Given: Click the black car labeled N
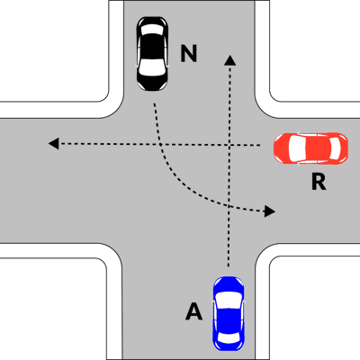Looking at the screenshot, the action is [152, 54].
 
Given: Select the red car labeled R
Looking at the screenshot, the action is [310, 148].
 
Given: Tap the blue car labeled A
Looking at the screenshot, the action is [229, 313].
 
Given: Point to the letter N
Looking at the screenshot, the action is [189, 53].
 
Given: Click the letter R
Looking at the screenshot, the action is [319, 182].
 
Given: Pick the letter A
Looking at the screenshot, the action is [193, 311].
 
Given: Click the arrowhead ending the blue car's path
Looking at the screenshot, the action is [230, 60].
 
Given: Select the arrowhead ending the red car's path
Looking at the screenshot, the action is [54, 143].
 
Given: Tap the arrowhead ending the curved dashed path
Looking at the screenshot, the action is [269, 211].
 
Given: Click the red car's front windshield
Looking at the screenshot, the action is [294, 148].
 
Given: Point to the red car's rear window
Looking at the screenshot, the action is [336, 148].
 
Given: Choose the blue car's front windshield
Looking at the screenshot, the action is [229, 300].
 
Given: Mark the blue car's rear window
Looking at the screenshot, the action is [229, 337].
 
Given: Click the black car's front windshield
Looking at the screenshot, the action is [153, 67].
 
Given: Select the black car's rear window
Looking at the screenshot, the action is [153, 29].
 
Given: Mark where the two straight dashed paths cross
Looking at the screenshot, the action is [229, 145].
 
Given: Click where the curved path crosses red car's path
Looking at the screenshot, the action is [161, 144].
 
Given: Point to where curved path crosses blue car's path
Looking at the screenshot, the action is [229, 206].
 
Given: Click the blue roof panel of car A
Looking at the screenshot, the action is [229, 320].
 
